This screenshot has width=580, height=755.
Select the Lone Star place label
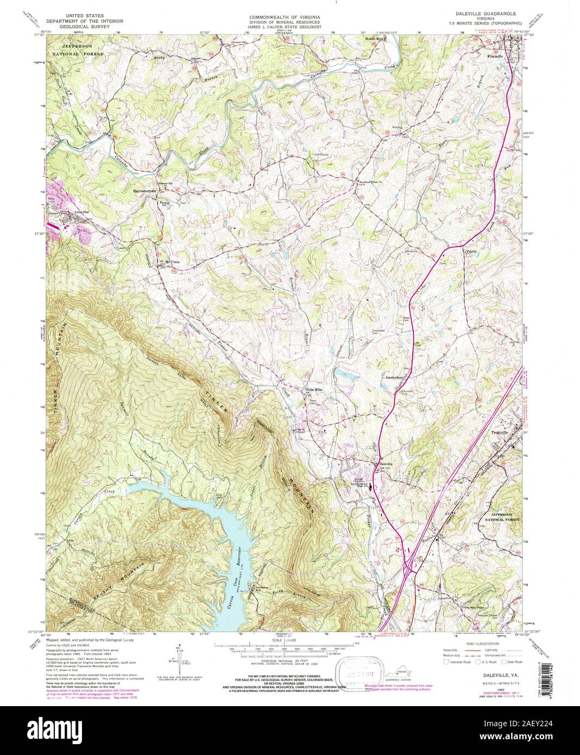pos(67,213)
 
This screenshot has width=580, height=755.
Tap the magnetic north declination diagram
pos(178,656)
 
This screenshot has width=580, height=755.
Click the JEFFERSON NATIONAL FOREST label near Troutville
pos(502,517)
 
